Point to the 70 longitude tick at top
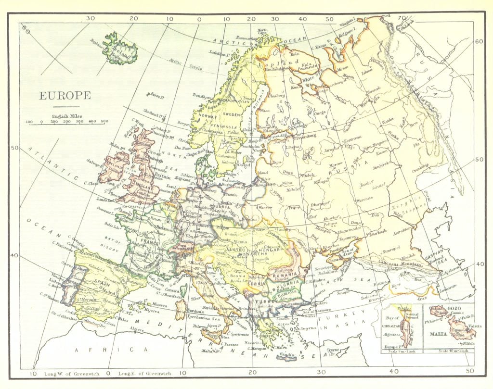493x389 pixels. pyautogui.click(x=401, y=18)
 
